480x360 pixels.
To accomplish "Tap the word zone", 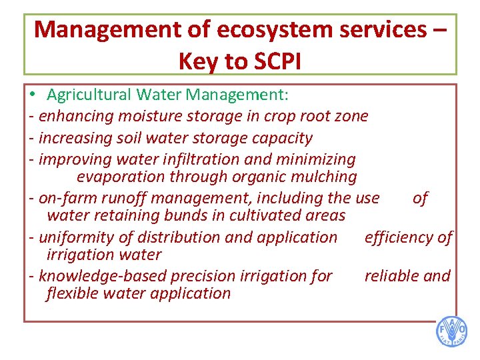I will point(351,116).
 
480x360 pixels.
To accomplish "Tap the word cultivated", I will point(265,215).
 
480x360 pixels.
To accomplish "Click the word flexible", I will point(73,293).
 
